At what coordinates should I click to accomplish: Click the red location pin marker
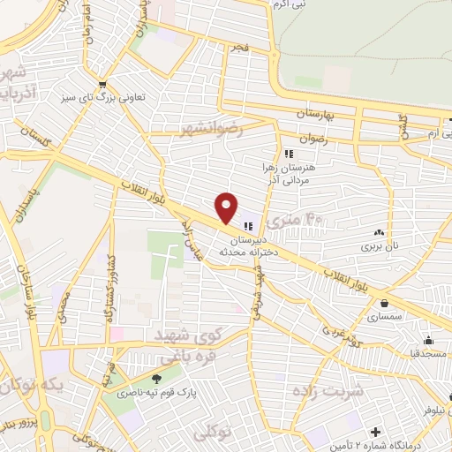pyautogui.click(x=227, y=207)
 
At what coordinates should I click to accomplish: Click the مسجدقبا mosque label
pyautogui.click(x=424, y=354)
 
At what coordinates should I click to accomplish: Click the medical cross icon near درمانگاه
pyautogui.click(x=376, y=433)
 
